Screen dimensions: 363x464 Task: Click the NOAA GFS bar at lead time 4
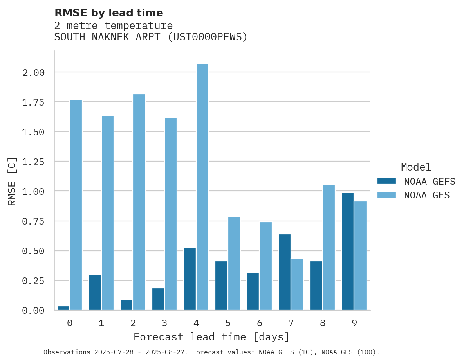coord(202,187)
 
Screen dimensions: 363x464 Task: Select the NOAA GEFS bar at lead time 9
coord(348,251)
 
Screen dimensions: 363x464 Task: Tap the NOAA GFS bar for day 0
coord(76,205)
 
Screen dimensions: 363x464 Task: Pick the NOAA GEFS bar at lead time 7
coord(285,272)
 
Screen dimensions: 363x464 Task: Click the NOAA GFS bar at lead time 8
coord(329,247)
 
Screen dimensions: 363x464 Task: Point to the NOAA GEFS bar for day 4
coord(190,279)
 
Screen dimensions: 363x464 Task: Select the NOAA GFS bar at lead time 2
coord(139,202)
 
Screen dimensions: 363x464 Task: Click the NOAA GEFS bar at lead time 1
coord(95,292)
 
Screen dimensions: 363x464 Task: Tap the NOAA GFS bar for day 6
coord(265,266)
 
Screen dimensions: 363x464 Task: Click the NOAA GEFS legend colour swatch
coord(386,181)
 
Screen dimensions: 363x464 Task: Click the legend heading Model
coord(416,167)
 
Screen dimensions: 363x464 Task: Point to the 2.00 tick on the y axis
coord(33,73)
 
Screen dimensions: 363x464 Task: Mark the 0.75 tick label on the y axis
coord(33,221)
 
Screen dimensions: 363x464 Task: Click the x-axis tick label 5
coord(228,323)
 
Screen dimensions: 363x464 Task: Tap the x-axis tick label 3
coord(164,323)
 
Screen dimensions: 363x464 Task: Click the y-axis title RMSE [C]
coord(12,181)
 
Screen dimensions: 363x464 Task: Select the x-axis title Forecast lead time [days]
coord(211,337)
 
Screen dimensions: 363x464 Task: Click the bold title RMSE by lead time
coord(108,13)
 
